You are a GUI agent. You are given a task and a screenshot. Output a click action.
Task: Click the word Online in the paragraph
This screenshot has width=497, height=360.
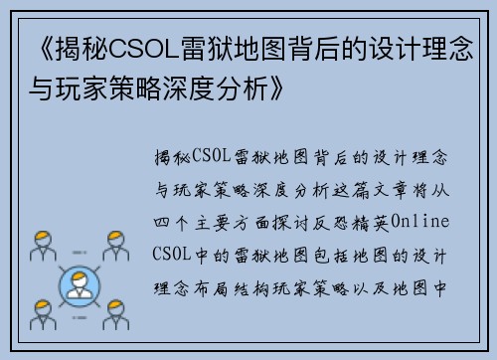(421, 220)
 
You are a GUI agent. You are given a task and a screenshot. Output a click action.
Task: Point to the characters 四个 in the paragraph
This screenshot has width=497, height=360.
(171, 220)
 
